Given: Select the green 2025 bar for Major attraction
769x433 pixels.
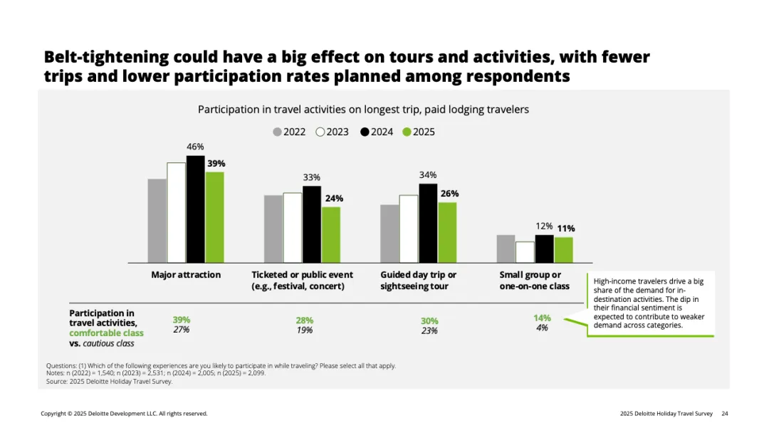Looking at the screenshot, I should (x=214, y=217).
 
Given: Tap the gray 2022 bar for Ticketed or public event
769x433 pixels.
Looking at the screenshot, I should (x=273, y=229).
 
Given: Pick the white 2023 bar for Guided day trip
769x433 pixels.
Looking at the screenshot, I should (x=409, y=229).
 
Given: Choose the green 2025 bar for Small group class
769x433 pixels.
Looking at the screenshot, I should (x=563, y=249).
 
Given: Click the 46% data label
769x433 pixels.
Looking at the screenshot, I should (x=195, y=147).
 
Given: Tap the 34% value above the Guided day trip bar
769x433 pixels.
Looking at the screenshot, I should (x=428, y=174).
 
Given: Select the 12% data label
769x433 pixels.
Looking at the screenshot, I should (x=544, y=227).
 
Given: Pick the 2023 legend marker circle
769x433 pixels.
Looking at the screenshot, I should (x=320, y=132).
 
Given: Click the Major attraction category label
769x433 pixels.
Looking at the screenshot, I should (x=186, y=275).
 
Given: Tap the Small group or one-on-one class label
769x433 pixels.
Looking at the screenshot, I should (x=534, y=280).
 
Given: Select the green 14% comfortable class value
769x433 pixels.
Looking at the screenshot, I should (x=542, y=318).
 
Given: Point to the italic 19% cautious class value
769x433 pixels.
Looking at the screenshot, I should (x=305, y=330).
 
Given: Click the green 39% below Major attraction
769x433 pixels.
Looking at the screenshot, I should (x=182, y=320).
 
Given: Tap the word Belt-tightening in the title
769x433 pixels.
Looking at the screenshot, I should (x=106, y=57).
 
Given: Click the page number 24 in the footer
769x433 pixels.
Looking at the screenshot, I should (x=725, y=413).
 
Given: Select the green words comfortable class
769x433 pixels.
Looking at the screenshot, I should (x=106, y=333).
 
